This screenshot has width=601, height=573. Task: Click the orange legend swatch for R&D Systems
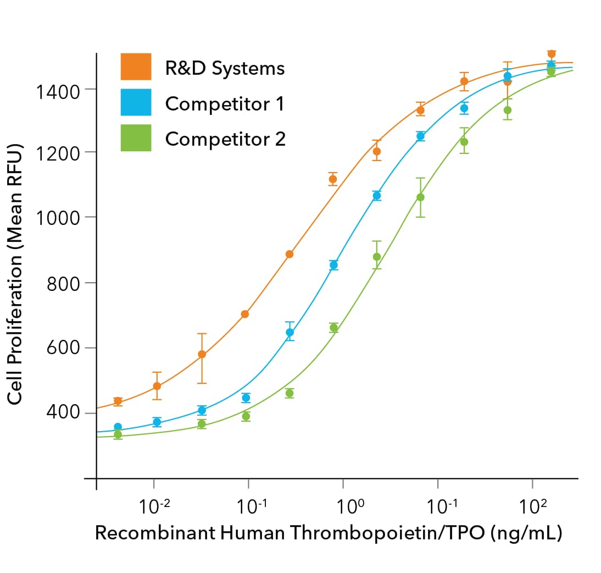click(x=136, y=67)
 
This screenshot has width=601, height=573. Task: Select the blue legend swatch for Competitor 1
click(x=136, y=102)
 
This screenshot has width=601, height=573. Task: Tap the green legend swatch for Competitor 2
click(x=136, y=138)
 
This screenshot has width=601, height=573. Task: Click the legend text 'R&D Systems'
click(x=225, y=68)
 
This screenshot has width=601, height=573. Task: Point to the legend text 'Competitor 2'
click(x=225, y=139)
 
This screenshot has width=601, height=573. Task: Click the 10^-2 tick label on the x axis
click(x=154, y=505)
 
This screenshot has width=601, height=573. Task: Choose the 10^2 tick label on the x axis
click(x=532, y=505)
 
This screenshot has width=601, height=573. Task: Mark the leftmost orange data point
click(x=118, y=401)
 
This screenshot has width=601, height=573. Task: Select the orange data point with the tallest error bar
click(x=202, y=354)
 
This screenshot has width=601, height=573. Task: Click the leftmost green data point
click(x=118, y=434)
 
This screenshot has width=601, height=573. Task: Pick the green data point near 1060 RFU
click(x=420, y=197)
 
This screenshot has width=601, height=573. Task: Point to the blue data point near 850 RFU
click(x=333, y=265)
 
